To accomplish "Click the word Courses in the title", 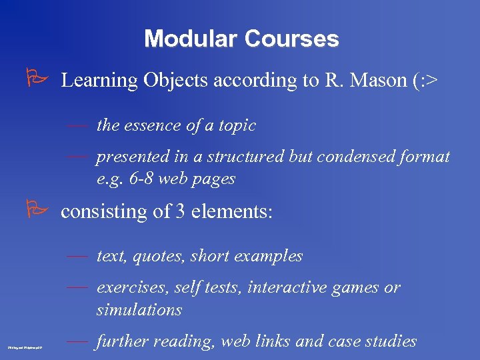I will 291,39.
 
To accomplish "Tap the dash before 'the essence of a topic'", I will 77,125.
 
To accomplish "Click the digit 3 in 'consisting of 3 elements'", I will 180,211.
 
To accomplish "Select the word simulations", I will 139,310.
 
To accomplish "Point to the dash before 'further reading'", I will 77,341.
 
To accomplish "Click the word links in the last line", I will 272,341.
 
